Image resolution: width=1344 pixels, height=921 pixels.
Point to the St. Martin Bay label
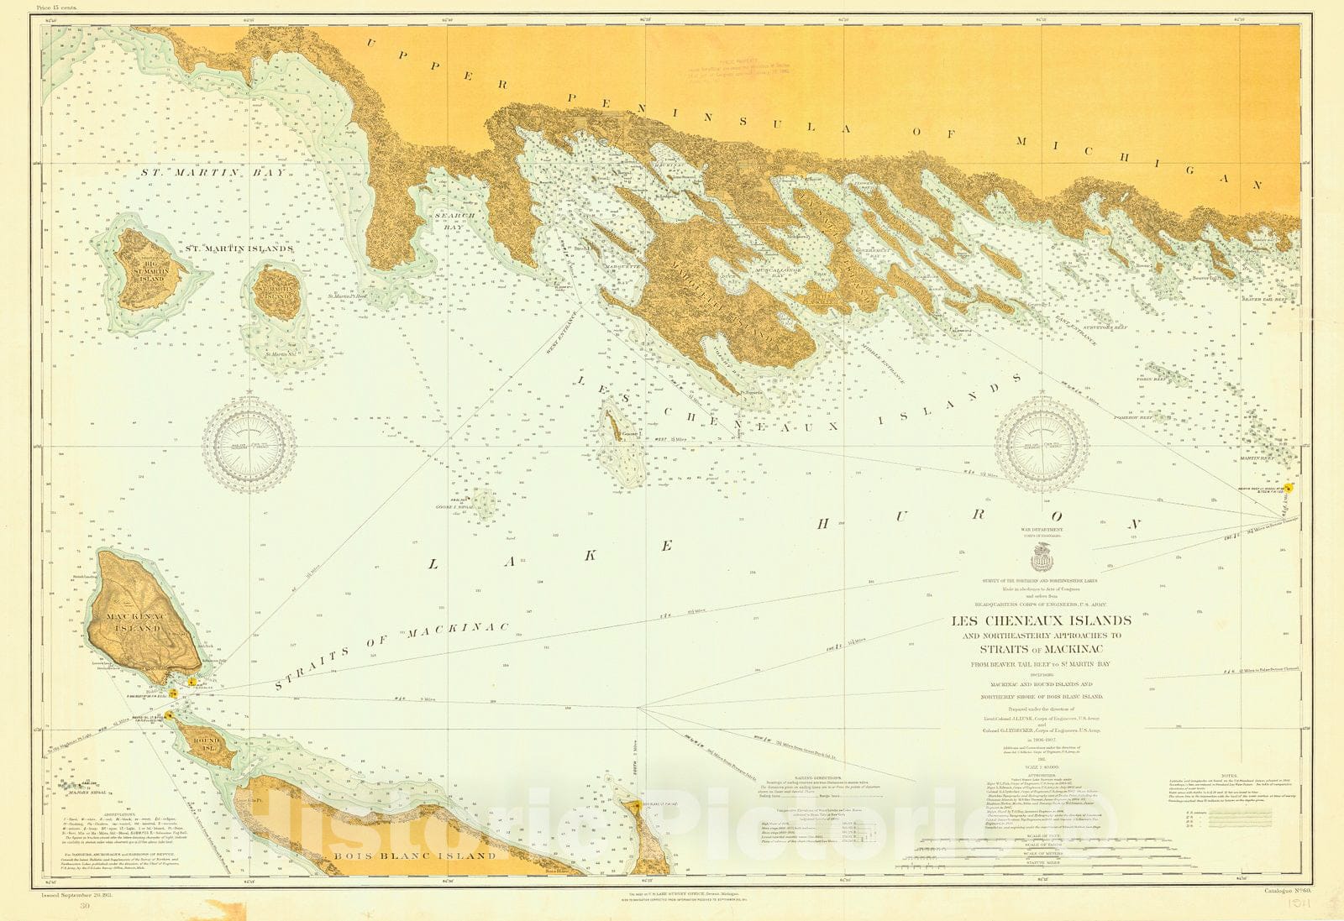tap(213, 172)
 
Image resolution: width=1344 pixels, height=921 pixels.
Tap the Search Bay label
tap(454, 221)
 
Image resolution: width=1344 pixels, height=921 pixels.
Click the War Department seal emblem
tap(1042, 555)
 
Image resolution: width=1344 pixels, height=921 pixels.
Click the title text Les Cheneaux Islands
tap(1041, 621)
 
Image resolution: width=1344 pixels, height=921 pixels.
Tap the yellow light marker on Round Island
tap(170, 715)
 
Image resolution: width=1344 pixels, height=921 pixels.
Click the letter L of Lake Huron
tap(433, 565)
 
